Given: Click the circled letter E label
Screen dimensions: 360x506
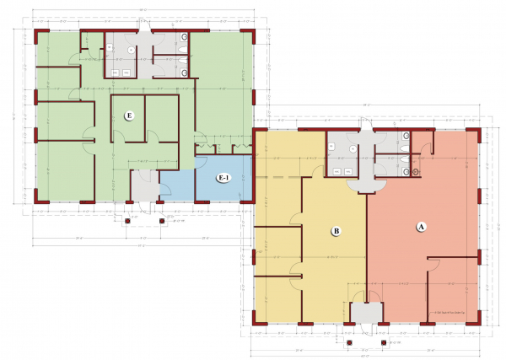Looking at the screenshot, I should (x=130, y=116).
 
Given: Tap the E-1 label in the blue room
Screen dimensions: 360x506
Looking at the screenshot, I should (x=223, y=178).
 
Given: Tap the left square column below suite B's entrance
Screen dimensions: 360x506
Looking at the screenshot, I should (x=349, y=343).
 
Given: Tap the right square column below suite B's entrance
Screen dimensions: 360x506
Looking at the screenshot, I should (x=384, y=343).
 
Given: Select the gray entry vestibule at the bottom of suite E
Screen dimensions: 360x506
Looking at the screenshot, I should (x=143, y=185).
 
